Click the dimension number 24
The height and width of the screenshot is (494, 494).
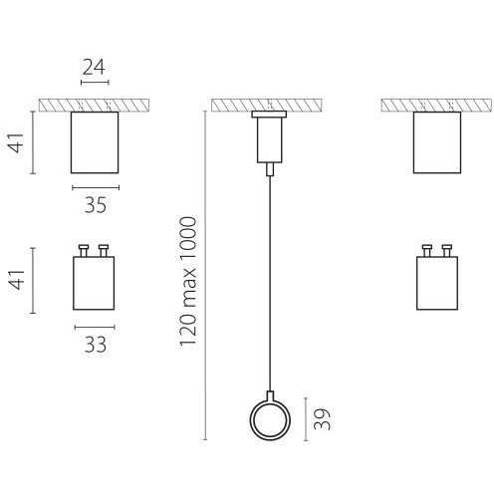[94, 67]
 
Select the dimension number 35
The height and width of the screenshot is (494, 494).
[96, 205]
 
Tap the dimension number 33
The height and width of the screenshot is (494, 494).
[96, 345]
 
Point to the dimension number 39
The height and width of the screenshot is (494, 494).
[323, 419]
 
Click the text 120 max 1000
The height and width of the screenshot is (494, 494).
[188, 282]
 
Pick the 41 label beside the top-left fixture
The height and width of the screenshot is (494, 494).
[17, 142]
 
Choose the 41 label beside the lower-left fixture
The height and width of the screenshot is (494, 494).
[17, 280]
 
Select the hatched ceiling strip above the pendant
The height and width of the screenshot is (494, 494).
[267, 106]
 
